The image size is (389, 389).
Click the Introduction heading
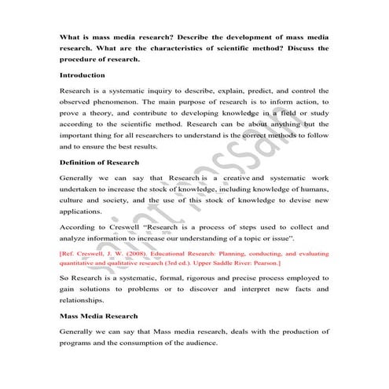tap(83, 75)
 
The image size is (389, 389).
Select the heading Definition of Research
tap(100, 163)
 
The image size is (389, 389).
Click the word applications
tap(81, 212)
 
